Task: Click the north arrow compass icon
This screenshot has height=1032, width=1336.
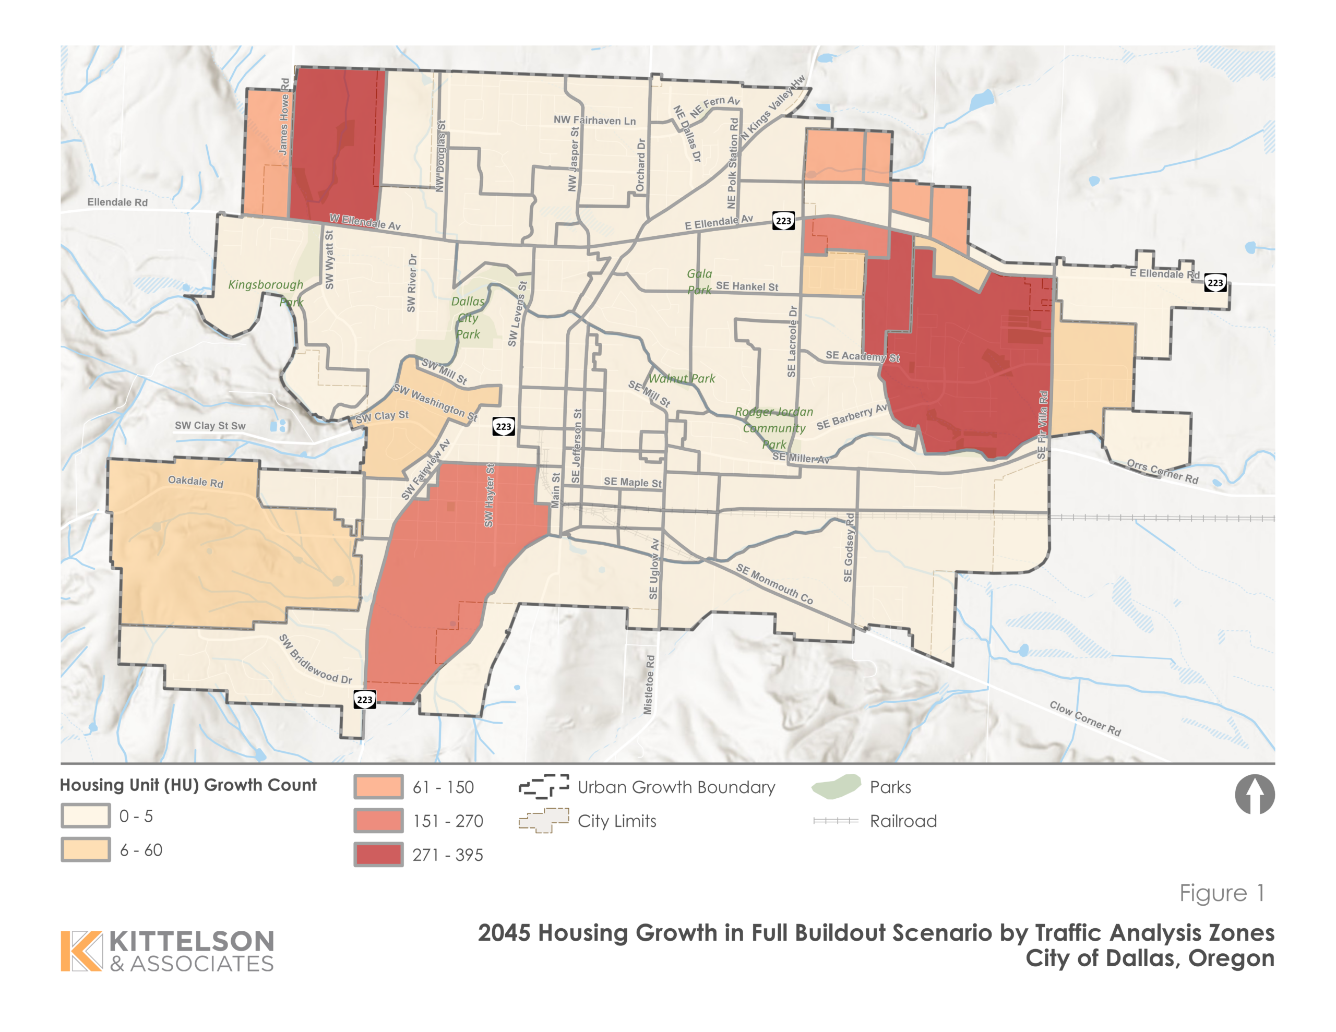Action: click(x=1254, y=794)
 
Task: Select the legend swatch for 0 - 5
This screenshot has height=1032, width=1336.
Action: click(x=86, y=815)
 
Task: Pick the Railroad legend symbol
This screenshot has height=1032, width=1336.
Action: click(x=836, y=820)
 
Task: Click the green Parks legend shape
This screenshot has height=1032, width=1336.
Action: click(x=836, y=786)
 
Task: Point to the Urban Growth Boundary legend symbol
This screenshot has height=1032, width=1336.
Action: click(x=543, y=786)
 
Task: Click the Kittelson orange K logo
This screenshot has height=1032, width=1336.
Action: click(x=81, y=951)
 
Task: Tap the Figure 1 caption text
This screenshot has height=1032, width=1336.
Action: click(x=1221, y=893)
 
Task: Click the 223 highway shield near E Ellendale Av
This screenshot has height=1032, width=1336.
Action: click(x=783, y=221)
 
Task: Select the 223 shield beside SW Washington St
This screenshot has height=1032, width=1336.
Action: click(x=504, y=426)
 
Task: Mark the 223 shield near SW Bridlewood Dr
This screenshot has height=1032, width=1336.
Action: click(x=365, y=699)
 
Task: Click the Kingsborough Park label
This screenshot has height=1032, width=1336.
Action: click(x=266, y=292)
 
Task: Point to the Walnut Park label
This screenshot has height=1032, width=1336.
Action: click(x=682, y=379)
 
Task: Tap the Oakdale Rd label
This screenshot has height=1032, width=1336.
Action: click(x=196, y=482)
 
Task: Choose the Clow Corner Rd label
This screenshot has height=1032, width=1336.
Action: click(x=1085, y=718)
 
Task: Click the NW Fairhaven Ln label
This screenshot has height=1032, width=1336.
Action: click(x=594, y=120)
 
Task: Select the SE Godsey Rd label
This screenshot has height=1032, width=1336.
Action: click(x=849, y=547)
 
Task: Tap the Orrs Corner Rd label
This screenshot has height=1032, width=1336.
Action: click(x=1162, y=471)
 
